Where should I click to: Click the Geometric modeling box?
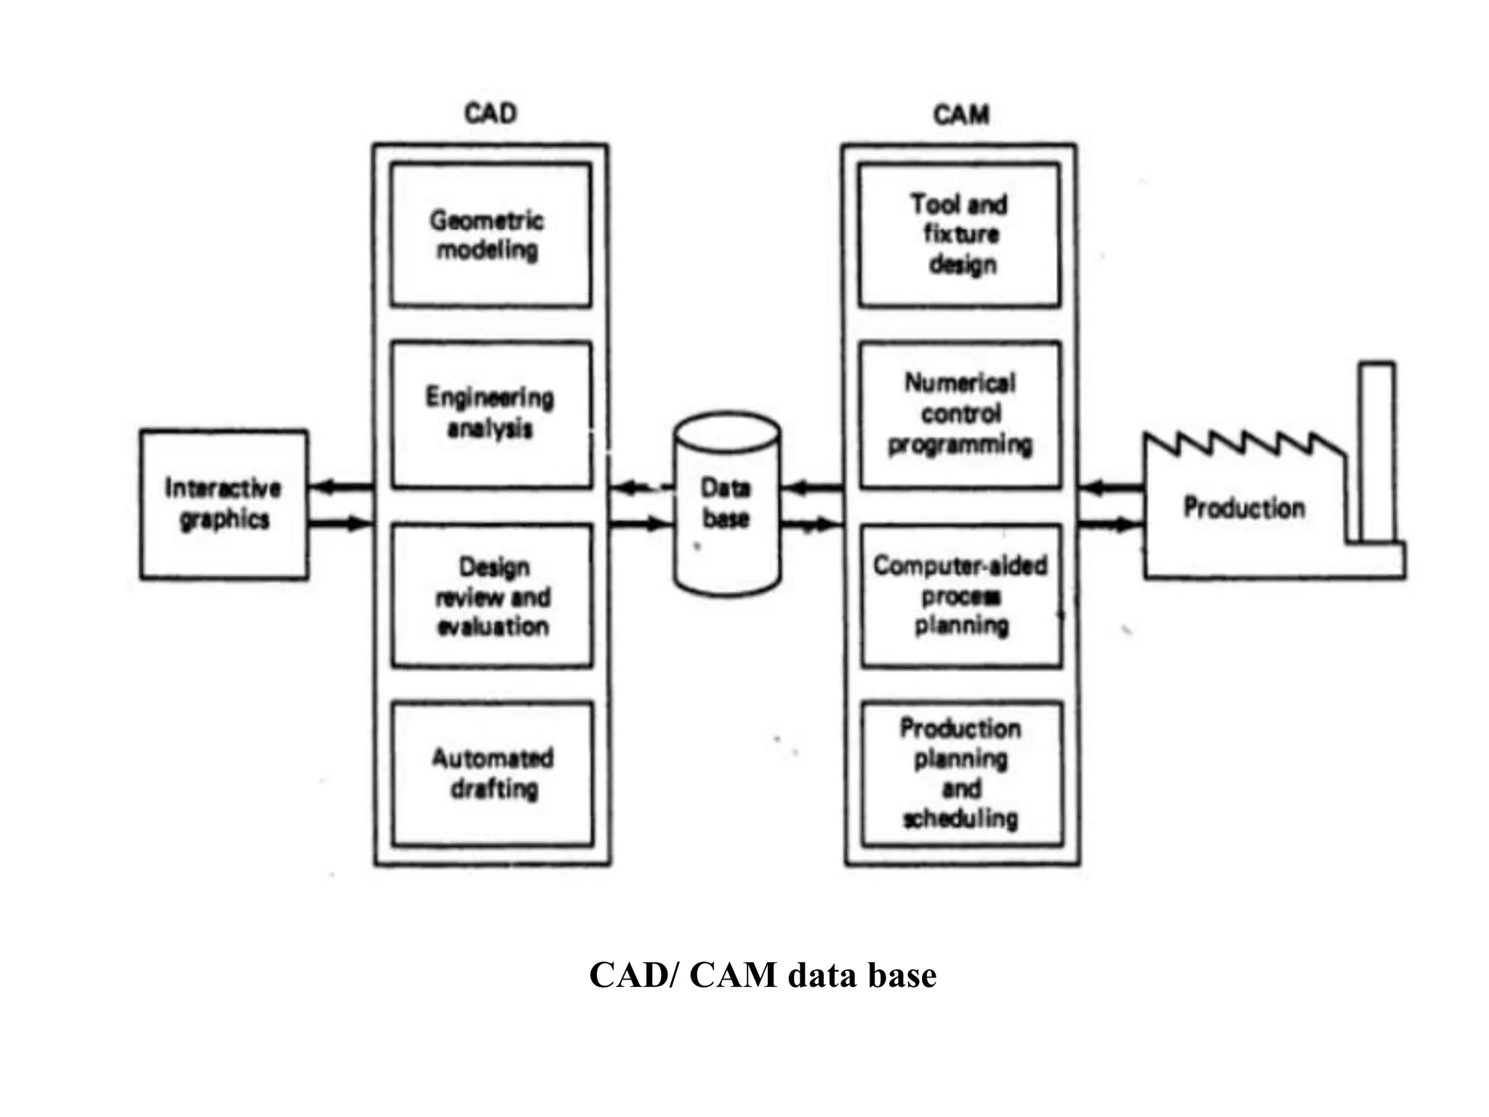[x=491, y=235]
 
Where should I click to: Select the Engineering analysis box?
[x=491, y=415]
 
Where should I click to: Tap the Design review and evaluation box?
[x=492, y=596]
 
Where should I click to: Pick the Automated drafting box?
[x=493, y=774]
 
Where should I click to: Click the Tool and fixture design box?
[x=959, y=235]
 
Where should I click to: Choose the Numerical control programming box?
[x=960, y=415]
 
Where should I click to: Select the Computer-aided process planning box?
[x=961, y=596]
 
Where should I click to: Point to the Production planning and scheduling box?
[x=961, y=774]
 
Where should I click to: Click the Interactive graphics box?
[x=224, y=505]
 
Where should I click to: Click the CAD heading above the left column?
[x=491, y=114]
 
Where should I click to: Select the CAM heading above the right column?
[x=960, y=115]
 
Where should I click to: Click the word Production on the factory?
[x=1244, y=508]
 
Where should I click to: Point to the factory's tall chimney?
[x=1377, y=451]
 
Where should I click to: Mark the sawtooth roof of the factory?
[x=1243, y=444]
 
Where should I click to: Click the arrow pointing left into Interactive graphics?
[x=340, y=487]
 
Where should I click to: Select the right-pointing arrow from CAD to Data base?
[x=638, y=523]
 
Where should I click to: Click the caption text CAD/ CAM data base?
[x=763, y=975]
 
